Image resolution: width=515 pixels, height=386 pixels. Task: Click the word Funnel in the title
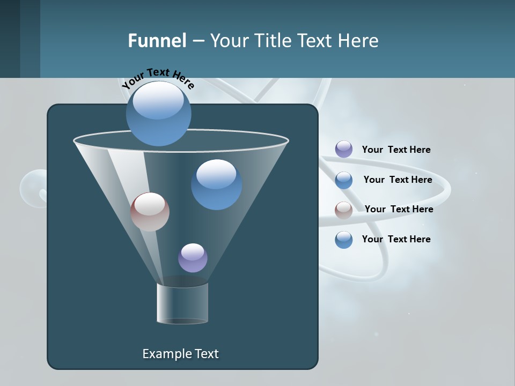(157, 41)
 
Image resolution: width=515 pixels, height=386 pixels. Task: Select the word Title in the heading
(272, 41)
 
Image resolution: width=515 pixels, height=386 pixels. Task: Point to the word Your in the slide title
(227, 41)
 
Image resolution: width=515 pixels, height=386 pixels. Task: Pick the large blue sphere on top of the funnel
(158, 114)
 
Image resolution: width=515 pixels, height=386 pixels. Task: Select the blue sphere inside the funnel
(216, 184)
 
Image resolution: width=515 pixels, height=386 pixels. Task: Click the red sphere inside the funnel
(150, 212)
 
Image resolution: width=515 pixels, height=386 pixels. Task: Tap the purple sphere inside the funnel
(193, 258)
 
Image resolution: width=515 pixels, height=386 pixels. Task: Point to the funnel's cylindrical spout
(182, 303)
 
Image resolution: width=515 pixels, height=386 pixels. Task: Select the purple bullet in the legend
(344, 149)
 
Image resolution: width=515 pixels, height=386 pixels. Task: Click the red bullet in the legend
(344, 210)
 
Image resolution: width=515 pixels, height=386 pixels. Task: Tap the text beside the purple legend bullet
(396, 150)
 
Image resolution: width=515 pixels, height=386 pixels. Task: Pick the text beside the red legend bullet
(399, 209)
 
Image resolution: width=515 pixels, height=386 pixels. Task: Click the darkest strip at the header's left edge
(10, 39)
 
